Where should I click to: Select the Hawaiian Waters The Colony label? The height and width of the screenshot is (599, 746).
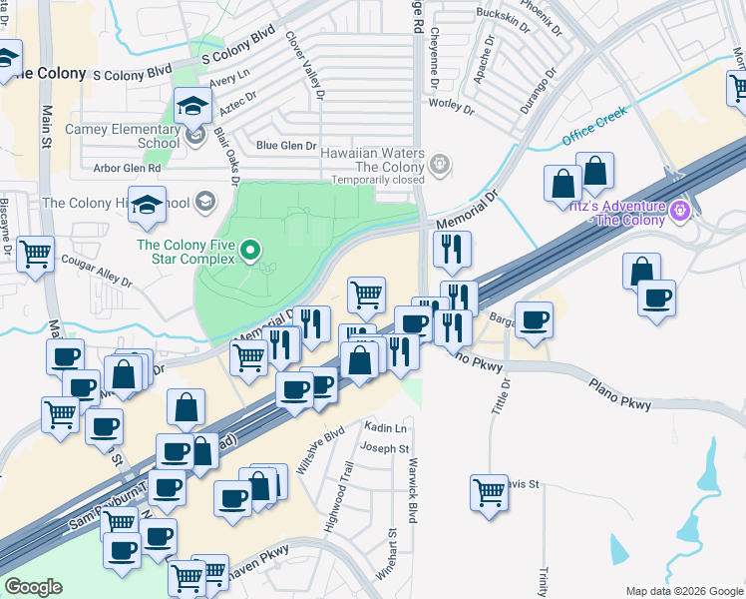373,161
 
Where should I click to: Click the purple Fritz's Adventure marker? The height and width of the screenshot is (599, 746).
681,211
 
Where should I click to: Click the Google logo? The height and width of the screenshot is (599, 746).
33,587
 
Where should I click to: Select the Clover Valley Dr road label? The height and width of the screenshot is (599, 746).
304,63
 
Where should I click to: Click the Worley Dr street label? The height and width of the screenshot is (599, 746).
449,104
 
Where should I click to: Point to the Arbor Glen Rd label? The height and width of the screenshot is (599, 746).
126,169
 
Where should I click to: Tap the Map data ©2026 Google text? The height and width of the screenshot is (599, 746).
683,590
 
